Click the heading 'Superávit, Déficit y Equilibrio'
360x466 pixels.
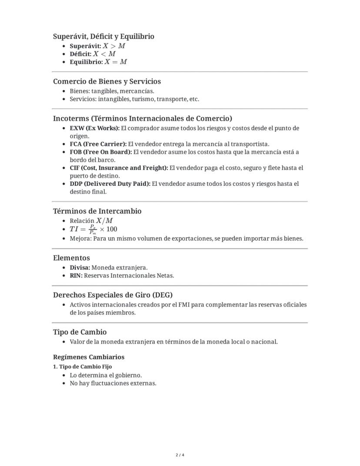click(x=103, y=37)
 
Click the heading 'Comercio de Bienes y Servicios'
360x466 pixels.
click(x=107, y=81)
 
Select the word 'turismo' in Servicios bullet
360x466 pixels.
click(x=143, y=99)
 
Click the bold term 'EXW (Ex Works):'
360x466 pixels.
click(x=94, y=128)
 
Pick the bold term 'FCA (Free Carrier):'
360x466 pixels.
click(x=98, y=144)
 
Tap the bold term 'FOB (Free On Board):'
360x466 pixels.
click(x=100, y=152)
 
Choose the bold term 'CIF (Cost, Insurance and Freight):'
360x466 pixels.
click(x=119, y=168)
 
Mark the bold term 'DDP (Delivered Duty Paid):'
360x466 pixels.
click(x=110, y=184)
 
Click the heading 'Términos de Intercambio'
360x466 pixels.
click(x=97, y=211)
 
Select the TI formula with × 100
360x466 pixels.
click(x=93, y=229)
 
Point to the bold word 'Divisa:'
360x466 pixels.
click(x=80, y=268)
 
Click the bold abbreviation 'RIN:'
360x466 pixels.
click(x=76, y=275)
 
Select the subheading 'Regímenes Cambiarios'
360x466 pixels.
click(x=89, y=357)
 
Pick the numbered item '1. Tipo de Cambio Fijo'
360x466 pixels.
click(x=82, y=366)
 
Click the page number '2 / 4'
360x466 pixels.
click(x=180, y=455)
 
